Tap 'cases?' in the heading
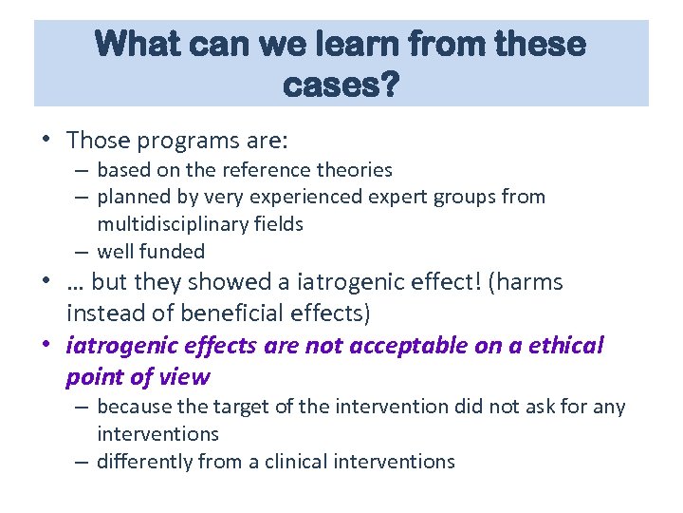(x=341, y=85)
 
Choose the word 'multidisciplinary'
(x=168, y=224)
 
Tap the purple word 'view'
(x=186, y=376)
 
